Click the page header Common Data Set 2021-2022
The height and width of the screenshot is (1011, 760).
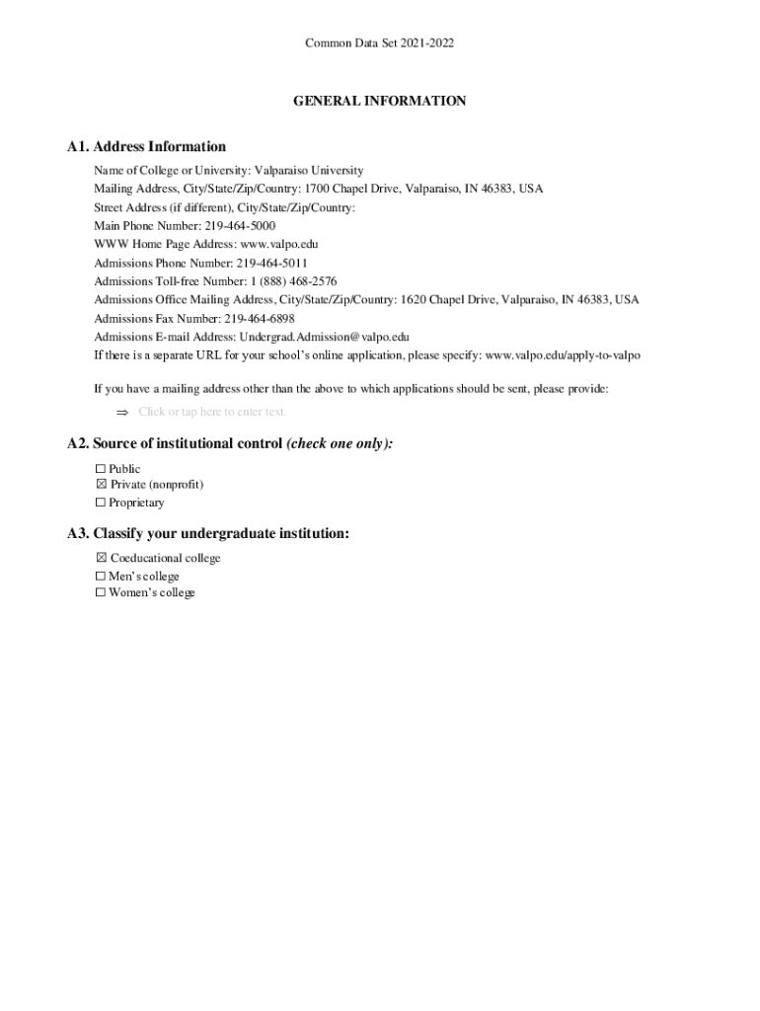pos(379,43)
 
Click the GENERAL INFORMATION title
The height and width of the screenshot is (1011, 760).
pos(379,101)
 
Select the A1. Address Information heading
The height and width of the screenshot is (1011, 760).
pos(146,147)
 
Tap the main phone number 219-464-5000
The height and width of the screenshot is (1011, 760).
pos(239,226)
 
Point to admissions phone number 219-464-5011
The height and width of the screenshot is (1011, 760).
pos(271,264)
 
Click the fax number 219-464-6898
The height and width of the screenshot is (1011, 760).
pos(260,319)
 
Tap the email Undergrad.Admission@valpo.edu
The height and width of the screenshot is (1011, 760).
pos(324,337)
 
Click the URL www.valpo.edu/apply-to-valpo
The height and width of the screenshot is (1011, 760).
pos(563,355)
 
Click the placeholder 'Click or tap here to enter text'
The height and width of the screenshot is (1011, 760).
pos(212,412)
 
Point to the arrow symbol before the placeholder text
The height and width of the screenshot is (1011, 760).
pos(123,412)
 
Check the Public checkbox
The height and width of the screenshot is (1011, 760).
pos(100,469)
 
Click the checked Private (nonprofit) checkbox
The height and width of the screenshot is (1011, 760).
pos(100,485)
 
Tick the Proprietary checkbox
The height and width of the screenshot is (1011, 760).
pos(100,504)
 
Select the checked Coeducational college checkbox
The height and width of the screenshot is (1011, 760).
pos(100,559)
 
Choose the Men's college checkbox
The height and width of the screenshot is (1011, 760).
pos(100,577)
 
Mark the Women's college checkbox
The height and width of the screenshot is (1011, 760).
pos(100,593)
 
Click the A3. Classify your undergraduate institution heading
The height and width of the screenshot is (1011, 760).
pos(208,534)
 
